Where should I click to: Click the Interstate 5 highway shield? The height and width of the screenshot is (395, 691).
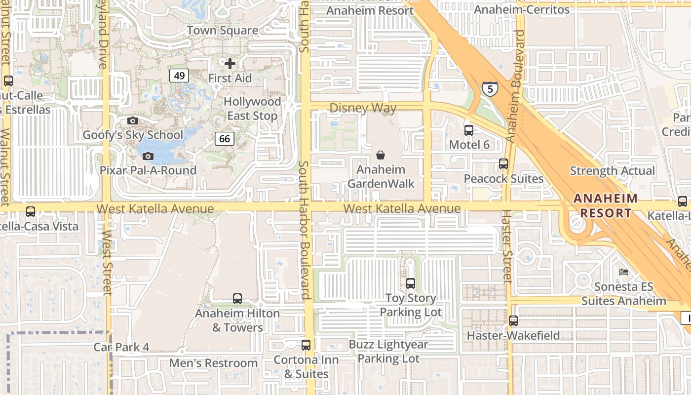(490, 89)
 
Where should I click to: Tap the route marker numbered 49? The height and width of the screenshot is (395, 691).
(179, 76)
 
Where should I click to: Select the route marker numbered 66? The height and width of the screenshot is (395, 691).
(224, 139)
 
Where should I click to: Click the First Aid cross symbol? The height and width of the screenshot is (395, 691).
(230, 64)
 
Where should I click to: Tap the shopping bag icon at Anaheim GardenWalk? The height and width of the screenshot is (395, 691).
(381, 155)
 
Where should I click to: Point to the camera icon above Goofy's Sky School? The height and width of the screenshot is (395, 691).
(132, 120)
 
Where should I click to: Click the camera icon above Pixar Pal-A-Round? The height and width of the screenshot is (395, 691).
(148, 157)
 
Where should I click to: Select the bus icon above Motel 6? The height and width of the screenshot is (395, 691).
(468, 130)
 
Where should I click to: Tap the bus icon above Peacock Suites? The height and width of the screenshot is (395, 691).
(503, 164)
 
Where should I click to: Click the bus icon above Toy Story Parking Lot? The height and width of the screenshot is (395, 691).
(410, 283)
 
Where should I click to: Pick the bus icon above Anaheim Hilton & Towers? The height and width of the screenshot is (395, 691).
(237, 299)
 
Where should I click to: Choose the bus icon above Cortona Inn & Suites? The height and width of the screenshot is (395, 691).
(306, 345)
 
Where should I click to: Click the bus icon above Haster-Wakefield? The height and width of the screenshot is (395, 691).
(513, 321)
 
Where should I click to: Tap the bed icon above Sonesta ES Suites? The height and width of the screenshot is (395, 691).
(624, 272)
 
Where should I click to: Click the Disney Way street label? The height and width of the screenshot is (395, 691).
(363, 108)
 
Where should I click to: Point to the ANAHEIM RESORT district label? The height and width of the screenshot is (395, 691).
(605, 206)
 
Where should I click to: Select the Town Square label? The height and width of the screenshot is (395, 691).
(222, 31)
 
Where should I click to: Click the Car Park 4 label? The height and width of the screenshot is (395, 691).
(121, 347)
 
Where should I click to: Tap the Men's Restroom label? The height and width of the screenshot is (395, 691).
(213, 363)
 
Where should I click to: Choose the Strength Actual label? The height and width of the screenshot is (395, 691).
(613, 171)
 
